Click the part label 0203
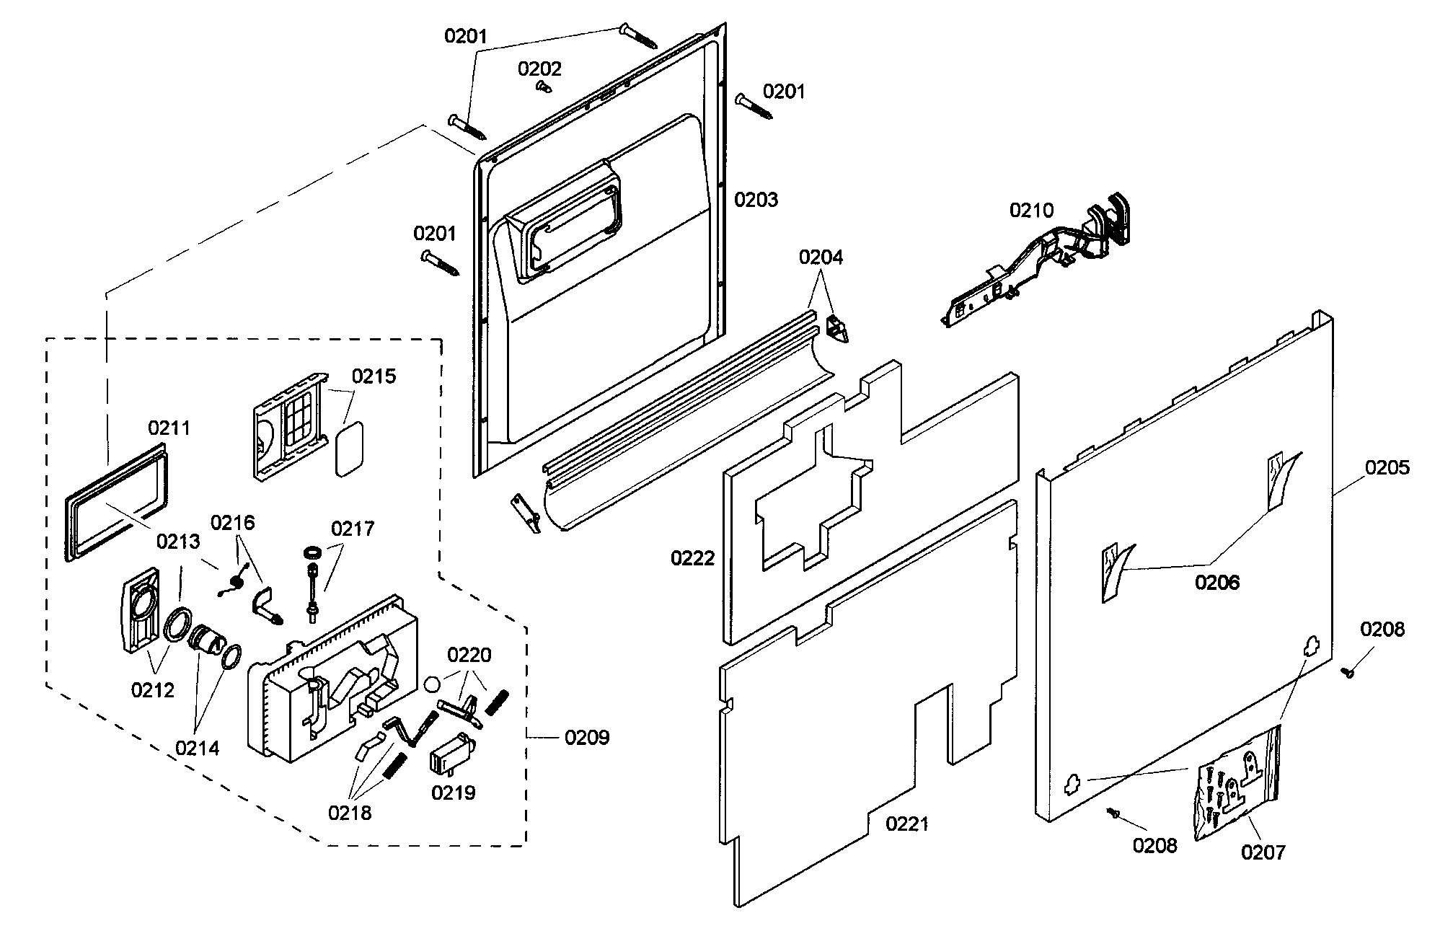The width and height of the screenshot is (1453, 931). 756,200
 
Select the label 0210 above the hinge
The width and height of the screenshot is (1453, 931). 1031,211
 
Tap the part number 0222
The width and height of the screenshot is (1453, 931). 692,557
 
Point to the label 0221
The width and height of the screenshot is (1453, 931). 907,824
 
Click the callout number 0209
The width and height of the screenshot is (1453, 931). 587,737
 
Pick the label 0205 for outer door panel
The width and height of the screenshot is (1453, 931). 1387,467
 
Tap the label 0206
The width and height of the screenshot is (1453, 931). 1217,582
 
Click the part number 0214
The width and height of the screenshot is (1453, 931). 197,748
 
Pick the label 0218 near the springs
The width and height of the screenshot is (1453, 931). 350,813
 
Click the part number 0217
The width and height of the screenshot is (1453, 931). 353,529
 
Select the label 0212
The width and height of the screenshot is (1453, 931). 152,690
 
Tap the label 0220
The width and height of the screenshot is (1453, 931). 469,655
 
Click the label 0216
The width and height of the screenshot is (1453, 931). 232,522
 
